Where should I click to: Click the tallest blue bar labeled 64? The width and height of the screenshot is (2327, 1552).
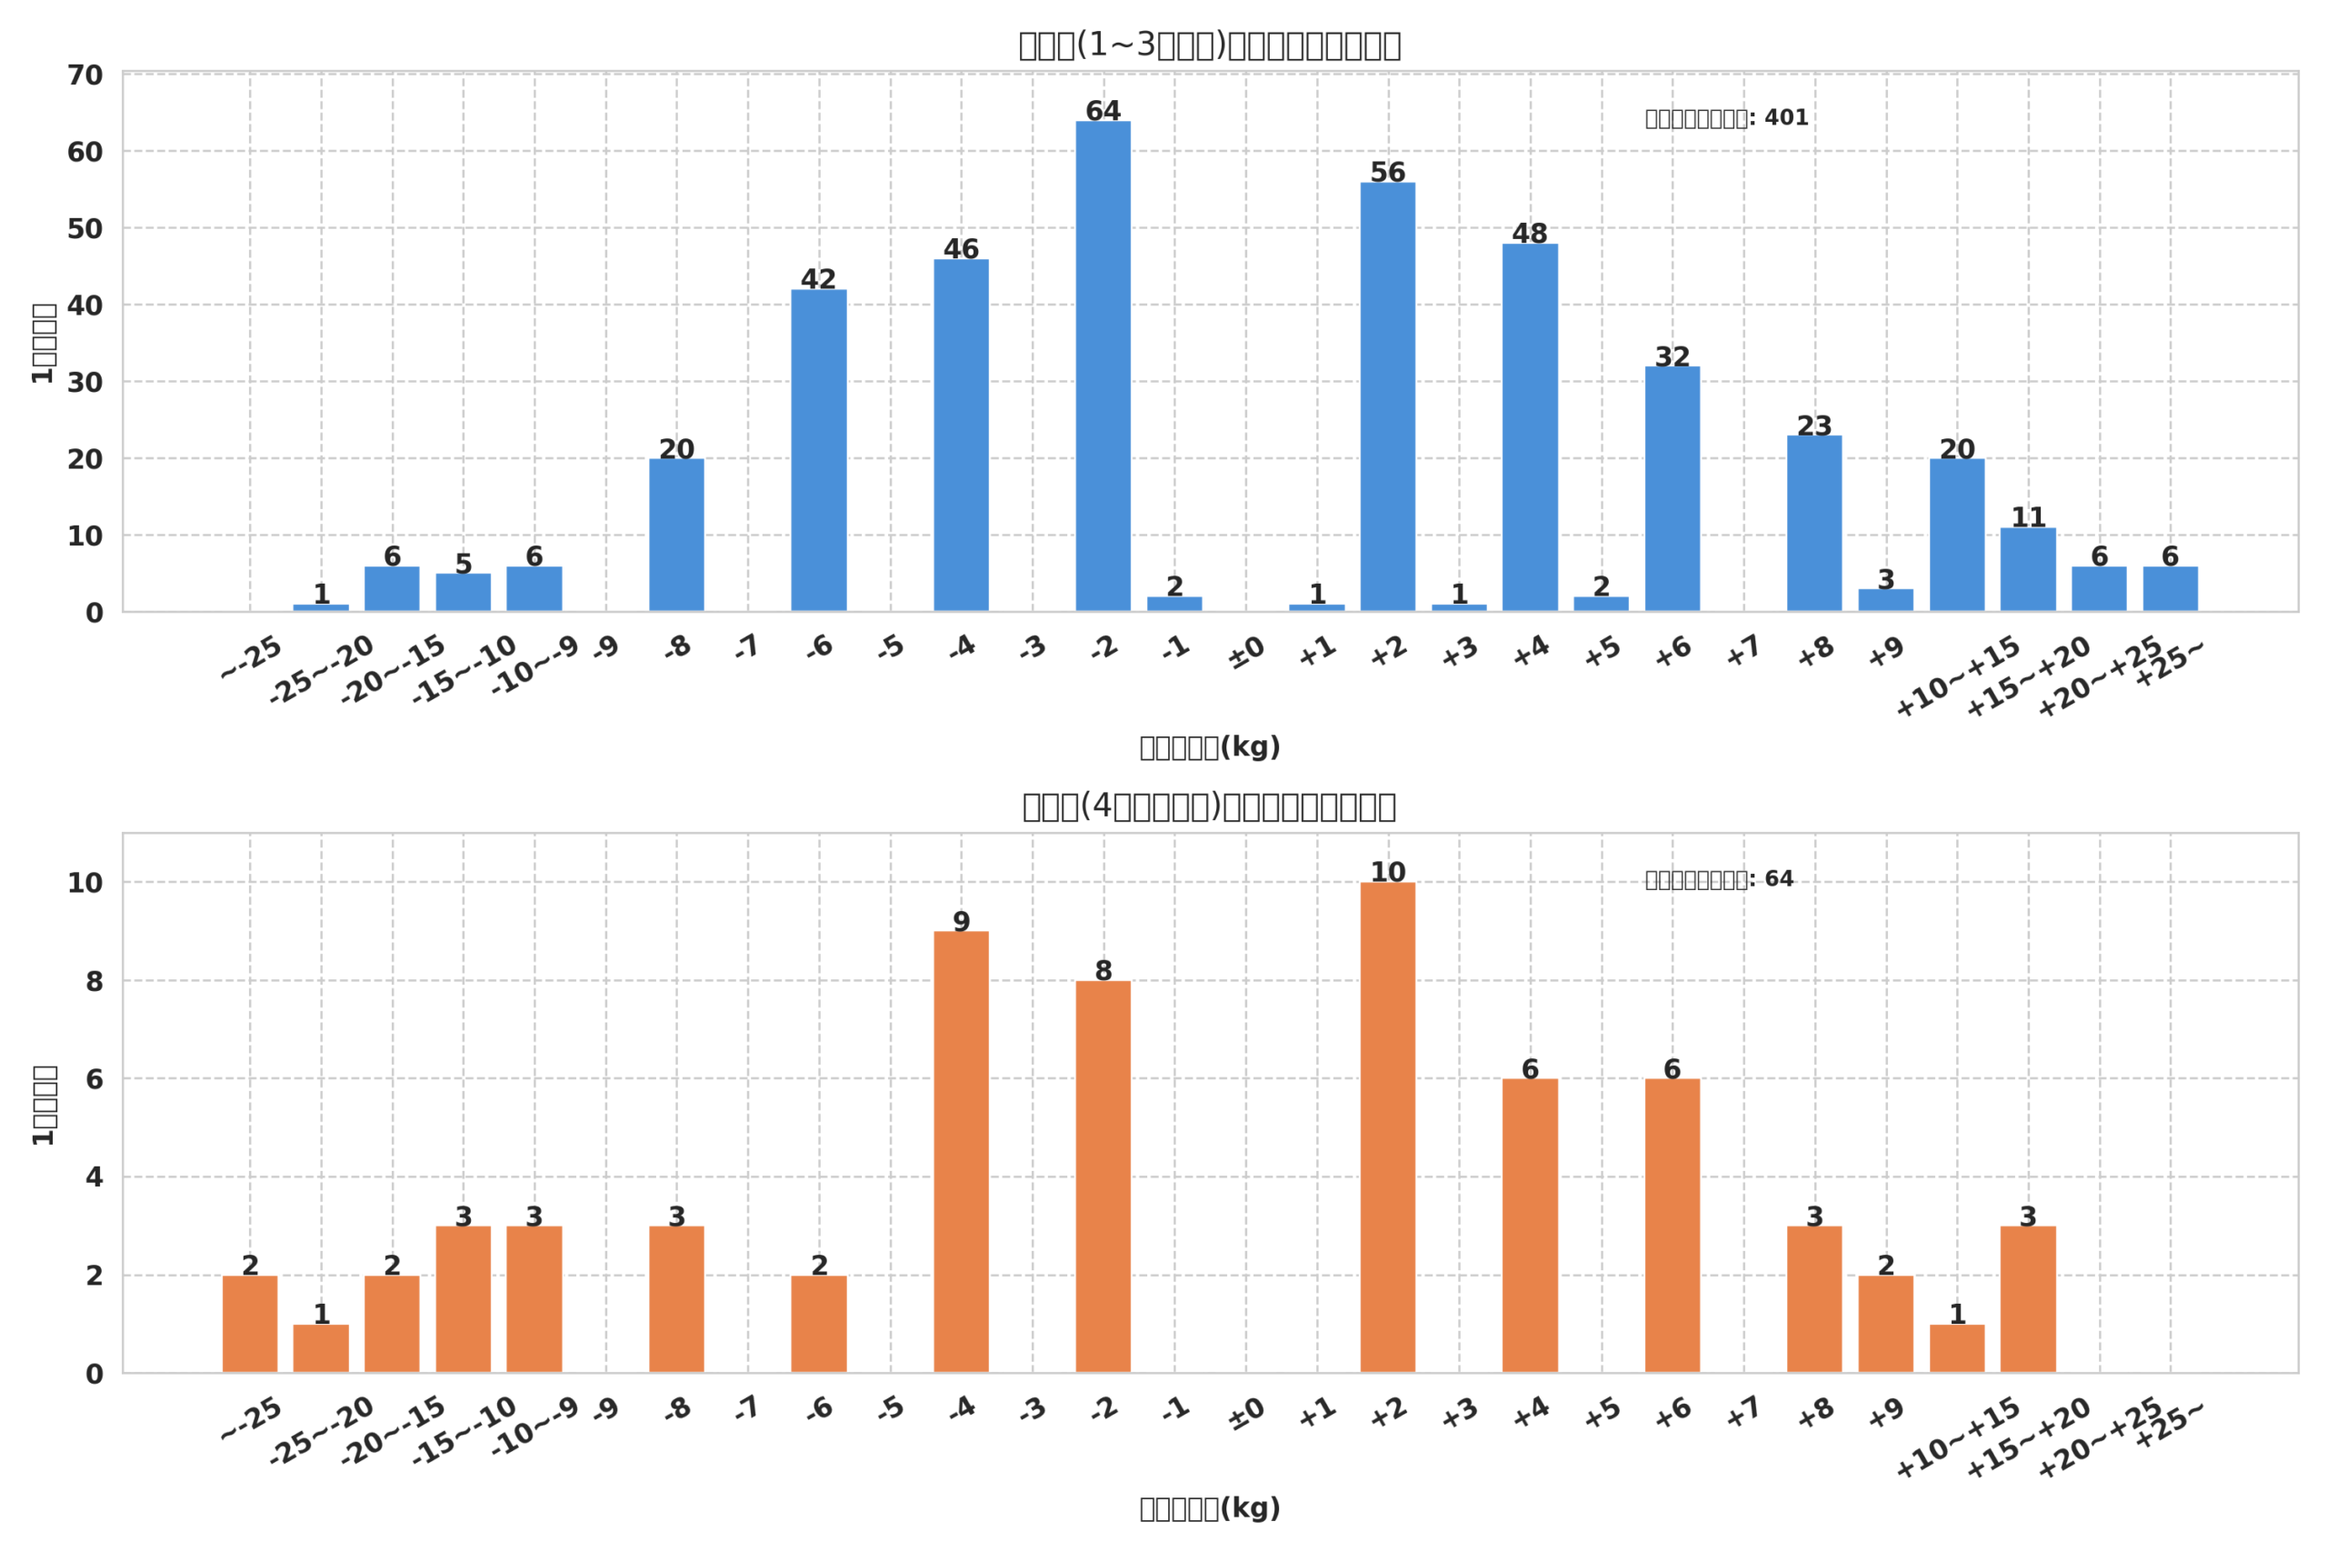tap(1104, 366)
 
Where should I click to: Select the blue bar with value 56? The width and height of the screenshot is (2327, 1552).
tap(1387, 396)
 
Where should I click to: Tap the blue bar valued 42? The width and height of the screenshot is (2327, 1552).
tap(818, 450)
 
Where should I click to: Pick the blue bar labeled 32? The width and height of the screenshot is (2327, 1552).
tap(1672, 489)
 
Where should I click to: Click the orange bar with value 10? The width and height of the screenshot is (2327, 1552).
tap(1387, 1127)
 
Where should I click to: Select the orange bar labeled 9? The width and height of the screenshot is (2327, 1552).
tap(961, 1152)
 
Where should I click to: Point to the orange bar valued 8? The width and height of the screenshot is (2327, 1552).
tap(1104, 1177)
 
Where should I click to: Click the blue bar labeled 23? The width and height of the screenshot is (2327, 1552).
tap(1814, 524)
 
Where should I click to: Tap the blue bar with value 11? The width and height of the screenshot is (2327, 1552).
tap(2028, 569)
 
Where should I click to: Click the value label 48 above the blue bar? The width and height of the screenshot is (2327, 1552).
tap(1530, 234)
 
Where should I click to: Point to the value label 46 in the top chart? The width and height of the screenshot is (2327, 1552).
tap(961, 249)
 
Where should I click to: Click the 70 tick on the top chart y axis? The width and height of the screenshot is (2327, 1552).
tap(85, 75)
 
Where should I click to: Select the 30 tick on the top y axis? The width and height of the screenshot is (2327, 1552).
tap(85, 383)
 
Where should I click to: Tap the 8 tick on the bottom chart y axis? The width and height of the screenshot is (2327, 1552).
tap(94, 982)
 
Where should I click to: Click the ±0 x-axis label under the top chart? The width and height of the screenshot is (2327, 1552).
tap(1245, 654)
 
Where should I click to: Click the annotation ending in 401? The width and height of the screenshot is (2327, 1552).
tap(1726, 118)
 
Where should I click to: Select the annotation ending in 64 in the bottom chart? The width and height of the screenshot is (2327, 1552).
tap(1719, 879)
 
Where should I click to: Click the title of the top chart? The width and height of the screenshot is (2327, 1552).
tap(1209, 45)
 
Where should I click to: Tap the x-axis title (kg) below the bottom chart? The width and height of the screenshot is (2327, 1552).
tap(1209, 1508)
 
